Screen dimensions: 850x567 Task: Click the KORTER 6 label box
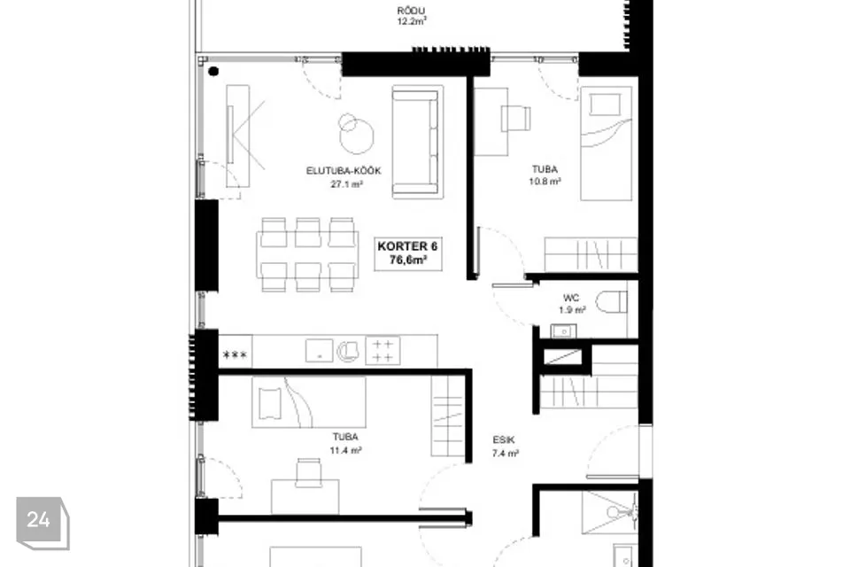[407, 253]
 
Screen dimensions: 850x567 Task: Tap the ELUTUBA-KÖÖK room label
[344, 171]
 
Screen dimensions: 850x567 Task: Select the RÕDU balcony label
[411, 11]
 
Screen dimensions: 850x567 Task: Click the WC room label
[571, 298]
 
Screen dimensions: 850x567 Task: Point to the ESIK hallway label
[504, 440]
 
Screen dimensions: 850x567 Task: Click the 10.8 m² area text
[545, 182]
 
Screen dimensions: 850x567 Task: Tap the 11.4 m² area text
[345, 450]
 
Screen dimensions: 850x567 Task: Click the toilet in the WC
[612, 302]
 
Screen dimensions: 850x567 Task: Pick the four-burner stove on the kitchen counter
[382, 350]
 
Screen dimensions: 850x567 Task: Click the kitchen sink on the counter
[320, 351]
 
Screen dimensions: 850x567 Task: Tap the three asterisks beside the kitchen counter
[236, 355]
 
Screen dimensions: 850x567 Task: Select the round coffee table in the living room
[356, 134]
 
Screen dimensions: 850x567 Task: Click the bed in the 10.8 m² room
[606, 144]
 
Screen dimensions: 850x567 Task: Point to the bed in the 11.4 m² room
[308, 402]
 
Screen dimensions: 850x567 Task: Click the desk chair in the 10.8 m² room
[516, 119]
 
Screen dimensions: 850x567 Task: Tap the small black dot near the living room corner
[213, 71]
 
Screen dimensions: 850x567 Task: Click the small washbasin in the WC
[563, 331]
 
